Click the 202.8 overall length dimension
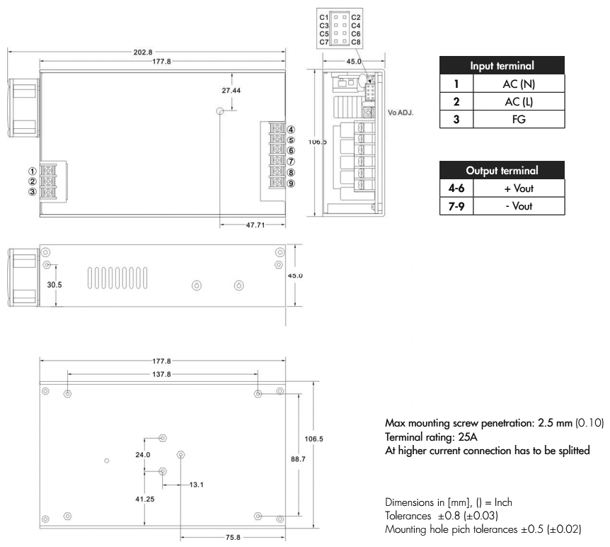[151, 52]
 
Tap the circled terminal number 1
[33, 171]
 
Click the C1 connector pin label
[323, 16]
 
